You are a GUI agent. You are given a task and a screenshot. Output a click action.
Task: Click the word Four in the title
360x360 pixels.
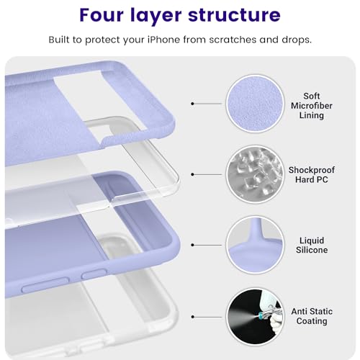coord(106,15)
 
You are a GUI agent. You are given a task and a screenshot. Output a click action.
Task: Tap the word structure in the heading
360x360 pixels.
coord(239,15)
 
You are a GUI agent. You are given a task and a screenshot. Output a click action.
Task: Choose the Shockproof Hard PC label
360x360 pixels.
coord(311,174)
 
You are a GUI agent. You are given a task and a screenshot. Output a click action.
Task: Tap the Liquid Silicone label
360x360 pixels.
coord(311,245)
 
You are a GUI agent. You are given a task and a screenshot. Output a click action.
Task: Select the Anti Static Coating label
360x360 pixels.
coord(311,316)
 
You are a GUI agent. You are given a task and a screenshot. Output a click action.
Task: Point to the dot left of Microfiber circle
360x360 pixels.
coord(193,104)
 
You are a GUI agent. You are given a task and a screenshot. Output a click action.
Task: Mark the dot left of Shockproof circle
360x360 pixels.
coord(193,174)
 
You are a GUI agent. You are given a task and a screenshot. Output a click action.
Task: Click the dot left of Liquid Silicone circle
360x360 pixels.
coord(193,245)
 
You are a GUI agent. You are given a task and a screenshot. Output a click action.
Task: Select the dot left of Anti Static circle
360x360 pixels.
coord(193,315)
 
